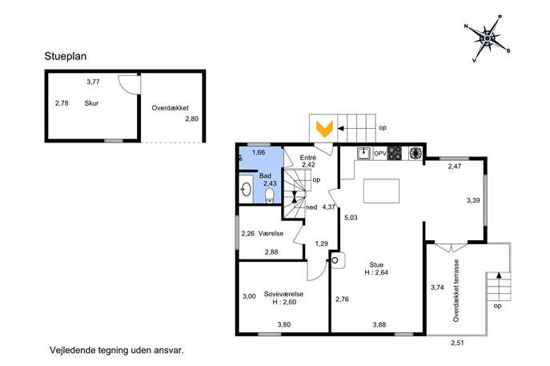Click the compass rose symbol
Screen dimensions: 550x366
[x=488, y=38]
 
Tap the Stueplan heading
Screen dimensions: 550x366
[x=65, y=56]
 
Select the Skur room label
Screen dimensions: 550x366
[x=91, y=103]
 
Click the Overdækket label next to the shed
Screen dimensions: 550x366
[x=170, y=108]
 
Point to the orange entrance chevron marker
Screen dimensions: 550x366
[x=325, y=129]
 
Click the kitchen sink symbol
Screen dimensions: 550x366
[x=363, y=153]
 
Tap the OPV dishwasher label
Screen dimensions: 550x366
[x=380, y=154]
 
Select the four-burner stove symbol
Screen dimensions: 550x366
[x=395, y=153]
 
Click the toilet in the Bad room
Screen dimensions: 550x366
[x=269, y=195]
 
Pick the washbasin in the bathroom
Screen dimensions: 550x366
[x=246, y=190]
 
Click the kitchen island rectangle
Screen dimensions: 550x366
[x=381, y=191]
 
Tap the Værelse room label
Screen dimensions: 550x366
[x=271, y=233]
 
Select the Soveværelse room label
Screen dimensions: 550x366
[x=283, y=294]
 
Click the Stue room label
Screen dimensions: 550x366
[x=376, y=264]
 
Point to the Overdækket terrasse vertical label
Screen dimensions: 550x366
[x=456, y=291]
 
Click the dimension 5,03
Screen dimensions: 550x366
[x=351, y=218]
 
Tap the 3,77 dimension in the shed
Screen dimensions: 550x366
[x=94, y=82]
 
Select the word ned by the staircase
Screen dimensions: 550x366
[x=311, y=207]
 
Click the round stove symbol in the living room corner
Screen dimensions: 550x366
[x=335, y=260]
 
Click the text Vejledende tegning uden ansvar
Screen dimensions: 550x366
[x=117, y=350]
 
